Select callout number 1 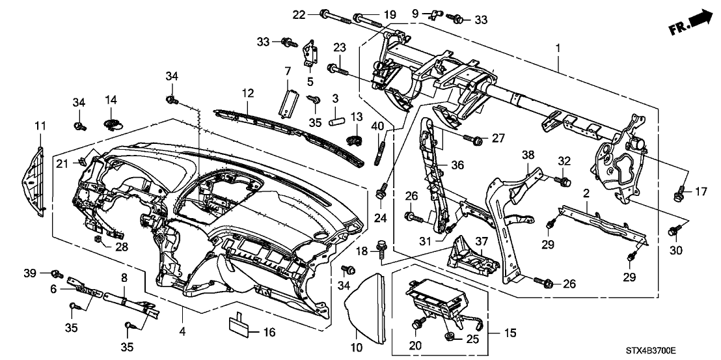tap(558, 49)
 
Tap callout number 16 tap(269, 333)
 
